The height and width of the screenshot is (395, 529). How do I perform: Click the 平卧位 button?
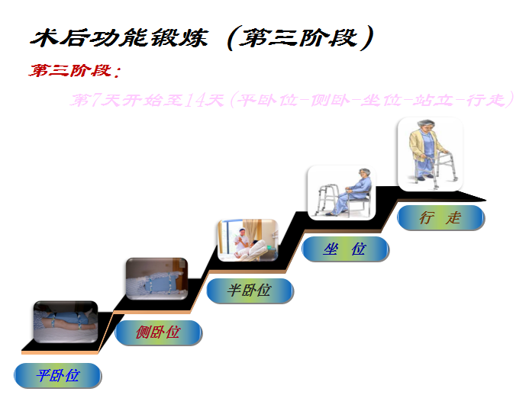click(x=57, y=374)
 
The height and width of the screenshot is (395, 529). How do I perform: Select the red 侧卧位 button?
click(x=158, y=332)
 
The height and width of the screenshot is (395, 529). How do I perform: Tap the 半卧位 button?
click(x=250, y=290)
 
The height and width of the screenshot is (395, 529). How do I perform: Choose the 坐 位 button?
click(x=345, y=249)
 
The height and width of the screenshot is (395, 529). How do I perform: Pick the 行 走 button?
click(x=440, y=217)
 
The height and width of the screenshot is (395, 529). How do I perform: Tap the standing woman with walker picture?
click(x=430, y=153)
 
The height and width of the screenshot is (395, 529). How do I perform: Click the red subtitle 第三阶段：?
click(x=75, y=72)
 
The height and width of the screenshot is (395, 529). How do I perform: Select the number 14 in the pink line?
click(x=194, y=101)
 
